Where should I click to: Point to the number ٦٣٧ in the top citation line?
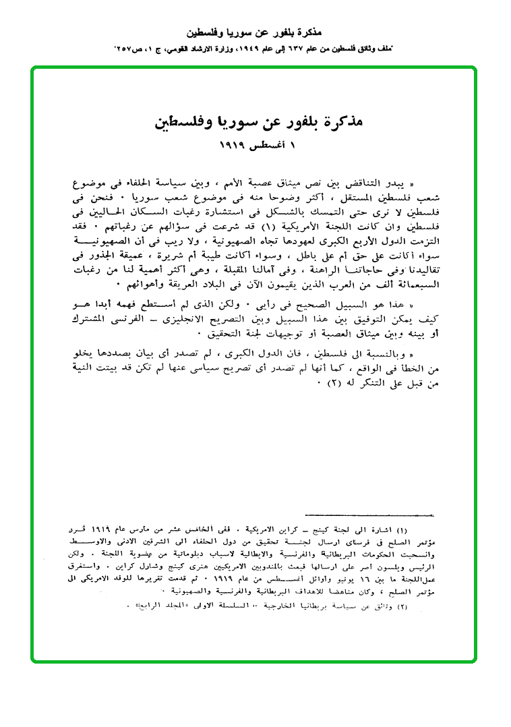280,49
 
